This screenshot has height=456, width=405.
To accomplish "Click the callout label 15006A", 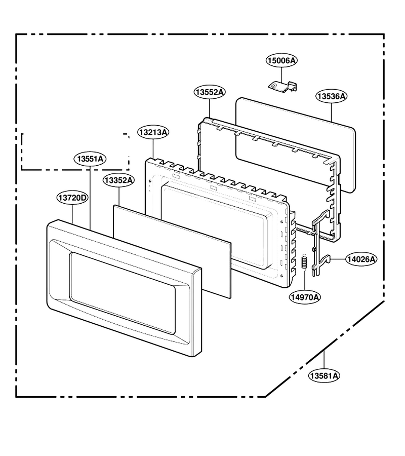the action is pyautogui.click(x=281, y=60).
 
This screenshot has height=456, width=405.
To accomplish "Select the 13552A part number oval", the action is pyautogui.click(x=210, y=92).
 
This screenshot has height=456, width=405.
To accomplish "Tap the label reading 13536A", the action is pyautogui.click(x=332, y=96).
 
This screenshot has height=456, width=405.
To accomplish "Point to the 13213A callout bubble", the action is pyautogui.click(x=153, y=132).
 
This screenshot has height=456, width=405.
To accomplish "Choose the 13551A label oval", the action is pyautogui.click(x=90, y=159).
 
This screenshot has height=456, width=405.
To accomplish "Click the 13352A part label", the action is pyautogui.click(x=118, y=180).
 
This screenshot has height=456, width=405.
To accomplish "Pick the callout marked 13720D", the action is pyautogui.click(x=72, y=198).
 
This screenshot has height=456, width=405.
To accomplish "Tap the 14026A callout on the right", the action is pyautogui.click(x=361, y=259).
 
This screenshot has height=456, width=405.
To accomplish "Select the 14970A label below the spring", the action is pyautogui.click(x=305, y=297).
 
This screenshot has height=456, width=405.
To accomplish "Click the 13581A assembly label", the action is pyautogui.click(x=324, y=376).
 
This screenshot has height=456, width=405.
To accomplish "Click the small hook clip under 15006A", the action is pyautogui.click(x=282, y=87).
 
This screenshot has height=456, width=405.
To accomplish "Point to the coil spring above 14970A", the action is pyautogui.click(x=305, y=261).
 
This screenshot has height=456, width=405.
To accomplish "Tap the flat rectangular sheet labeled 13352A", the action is pyautogui.click(x=172, y=251).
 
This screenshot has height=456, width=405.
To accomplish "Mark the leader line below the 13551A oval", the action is pyautogui.click(x=90, y=198).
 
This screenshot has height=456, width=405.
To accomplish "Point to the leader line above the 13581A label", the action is pyautogui.click(x=324, y=359).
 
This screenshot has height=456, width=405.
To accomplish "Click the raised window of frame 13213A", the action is pyautogui.click(x=217, y=225).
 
